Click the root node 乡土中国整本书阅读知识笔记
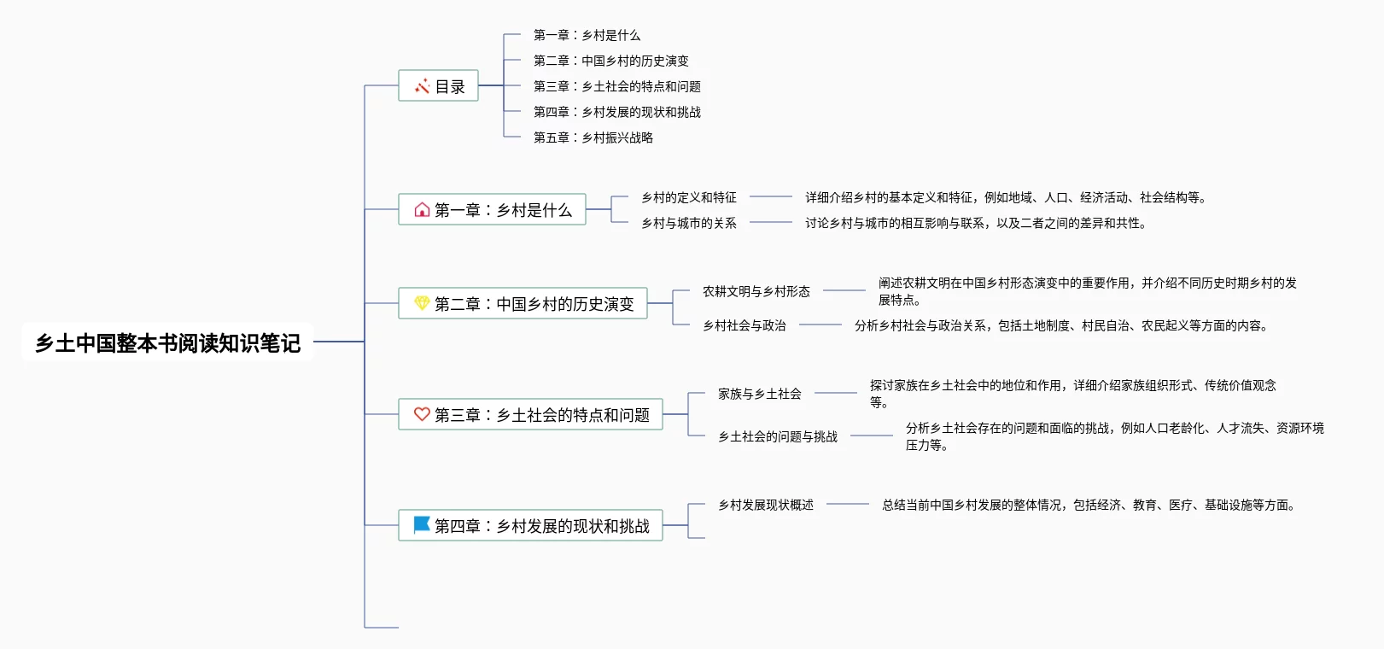pos(167,342)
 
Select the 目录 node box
pos(438,86)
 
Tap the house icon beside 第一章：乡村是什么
pos(422,210)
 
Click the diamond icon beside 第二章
pos(422,303)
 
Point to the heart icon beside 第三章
pos(422,414)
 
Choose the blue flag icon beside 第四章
pos(422,524)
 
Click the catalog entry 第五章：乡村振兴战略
pos(593,137)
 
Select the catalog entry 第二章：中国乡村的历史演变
pos(611,61)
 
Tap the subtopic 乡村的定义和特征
pos(689,197)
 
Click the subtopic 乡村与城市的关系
pos(689,223)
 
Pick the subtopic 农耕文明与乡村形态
pos(756,291)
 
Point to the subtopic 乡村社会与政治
pos(745,325)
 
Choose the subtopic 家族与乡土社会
pos(760,394)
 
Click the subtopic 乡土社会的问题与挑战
pos(778,436)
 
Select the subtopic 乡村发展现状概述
pos(766,505)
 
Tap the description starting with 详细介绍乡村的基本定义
pos(1006,197)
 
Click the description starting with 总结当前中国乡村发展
pos(1089,505)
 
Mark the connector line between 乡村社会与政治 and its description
pos(820,324)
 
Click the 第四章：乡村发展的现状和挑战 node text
pos(542,526)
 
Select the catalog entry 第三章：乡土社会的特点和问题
pos(617,86)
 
